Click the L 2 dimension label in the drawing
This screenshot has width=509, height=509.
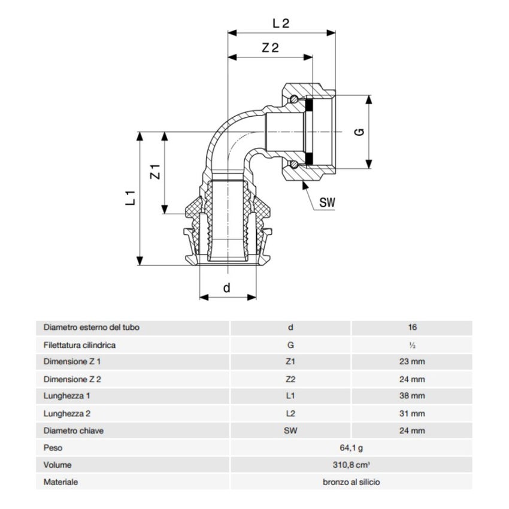click(x=280, y=24)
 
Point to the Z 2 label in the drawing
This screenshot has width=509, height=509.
click(x=270, y=49)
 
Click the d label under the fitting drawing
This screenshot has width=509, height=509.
click(x=226, y=288)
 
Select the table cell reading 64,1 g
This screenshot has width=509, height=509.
click(x=351, y=447)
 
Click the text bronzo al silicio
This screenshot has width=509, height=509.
click(x=351, y=481)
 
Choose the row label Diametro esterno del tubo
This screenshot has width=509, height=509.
click(x=92, y=328)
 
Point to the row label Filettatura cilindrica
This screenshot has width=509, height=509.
click(x=80, y=345)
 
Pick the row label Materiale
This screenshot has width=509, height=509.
click(x=60, y=481)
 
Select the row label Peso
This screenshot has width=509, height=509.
click(x=53, y=447)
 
